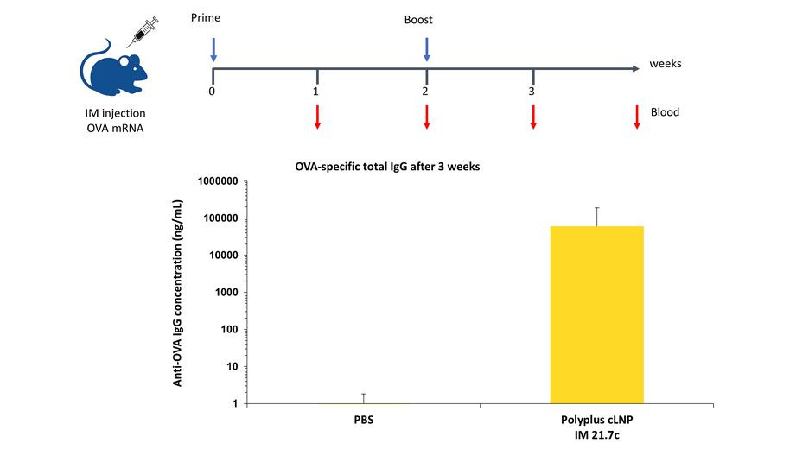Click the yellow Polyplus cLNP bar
[x=596, y=314]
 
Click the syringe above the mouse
[x=142, y=33]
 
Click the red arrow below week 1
[x=318, y=117]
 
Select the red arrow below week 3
[x=533, y=117]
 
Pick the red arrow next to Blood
[x=637, y=117]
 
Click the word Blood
[x=665, y=111]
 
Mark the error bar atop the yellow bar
[x=596, y=216]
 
